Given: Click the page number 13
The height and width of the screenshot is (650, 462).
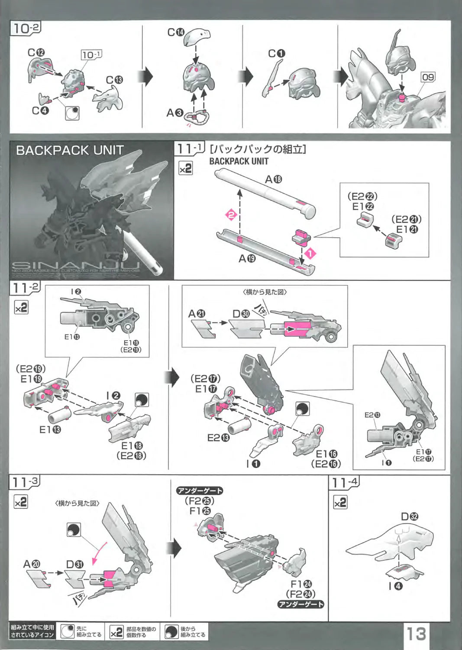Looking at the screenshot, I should (x=415, y=634).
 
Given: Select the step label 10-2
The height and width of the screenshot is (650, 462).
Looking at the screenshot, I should (x=26, y=29).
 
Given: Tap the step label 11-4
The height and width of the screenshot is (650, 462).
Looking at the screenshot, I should (x=345, y=482).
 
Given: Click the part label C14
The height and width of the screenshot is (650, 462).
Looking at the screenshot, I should (x=176, y=32).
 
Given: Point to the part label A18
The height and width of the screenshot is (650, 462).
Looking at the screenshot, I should (x=273, y=179).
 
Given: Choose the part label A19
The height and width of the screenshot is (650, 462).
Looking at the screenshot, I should (x=247, y=259).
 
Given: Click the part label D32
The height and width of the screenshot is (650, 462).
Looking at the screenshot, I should (x=409, y=517).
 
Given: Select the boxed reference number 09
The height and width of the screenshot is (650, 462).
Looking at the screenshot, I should (x=428, y=77).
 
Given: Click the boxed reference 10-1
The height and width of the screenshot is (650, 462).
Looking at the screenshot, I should (x=91, y=55).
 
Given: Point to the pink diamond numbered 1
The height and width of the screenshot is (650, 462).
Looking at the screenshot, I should (x=310, y=253).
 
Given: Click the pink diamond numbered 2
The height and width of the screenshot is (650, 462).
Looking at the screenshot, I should (x=231, y=214).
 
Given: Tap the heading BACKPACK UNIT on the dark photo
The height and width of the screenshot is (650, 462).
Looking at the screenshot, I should (x=70, y=150).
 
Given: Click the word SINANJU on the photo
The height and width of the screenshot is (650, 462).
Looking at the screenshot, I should (x=76, y=265).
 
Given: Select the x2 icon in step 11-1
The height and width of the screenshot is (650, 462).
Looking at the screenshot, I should (x=185, y=168).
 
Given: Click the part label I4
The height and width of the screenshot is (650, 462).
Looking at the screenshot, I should (x=395, y=586).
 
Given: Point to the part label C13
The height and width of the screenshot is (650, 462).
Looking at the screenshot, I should (x=114, y=80).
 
